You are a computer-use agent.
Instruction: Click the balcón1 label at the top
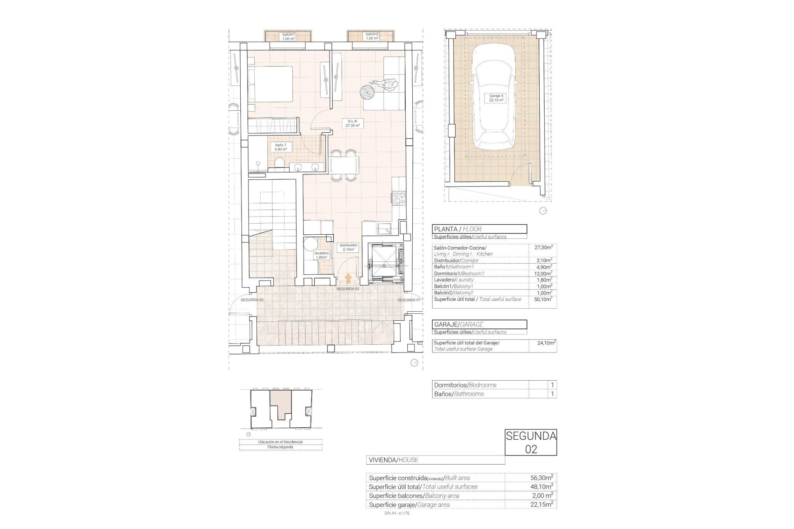pyautogui.click(x=288, y=36)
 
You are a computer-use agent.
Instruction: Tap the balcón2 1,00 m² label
pyautogui.click(x=372, y=36)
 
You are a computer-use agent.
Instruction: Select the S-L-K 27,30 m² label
pyautogui.click(x=353, y=123)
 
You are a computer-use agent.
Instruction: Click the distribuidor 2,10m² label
pyautogui.click(x=348, y=247)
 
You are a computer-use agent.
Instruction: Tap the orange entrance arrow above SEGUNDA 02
pyautogui.click(x=348, y=278)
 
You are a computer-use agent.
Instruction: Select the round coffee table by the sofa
pyautogui.click(x=366, y=92)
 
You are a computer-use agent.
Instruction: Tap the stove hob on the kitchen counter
pyautogui.click(x=399, y=199)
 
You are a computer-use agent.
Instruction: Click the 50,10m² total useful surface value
pyautogui.click(x=543, y=299)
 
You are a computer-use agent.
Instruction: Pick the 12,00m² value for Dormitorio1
pyautogui.click(x=543, y=274)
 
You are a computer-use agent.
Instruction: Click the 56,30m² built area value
pyautogui.click(x=543, y=478)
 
